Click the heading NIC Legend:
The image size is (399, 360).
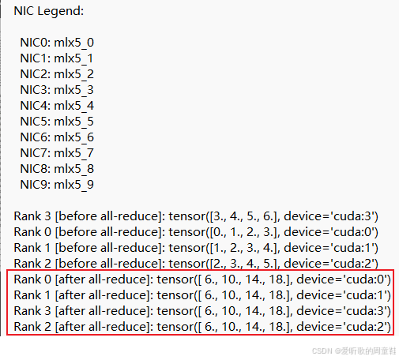point(49,11)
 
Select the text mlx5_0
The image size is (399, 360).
point(74,43)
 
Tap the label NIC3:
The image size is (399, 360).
point(36,90)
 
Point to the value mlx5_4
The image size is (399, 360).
point(74,106)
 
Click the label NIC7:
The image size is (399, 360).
point(36,153)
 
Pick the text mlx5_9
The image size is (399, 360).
point(74,185)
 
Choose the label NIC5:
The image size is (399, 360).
point(36,122)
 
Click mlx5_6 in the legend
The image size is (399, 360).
point(74,137)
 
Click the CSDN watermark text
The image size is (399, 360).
point(354,351)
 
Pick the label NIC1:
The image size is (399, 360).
point(36,58)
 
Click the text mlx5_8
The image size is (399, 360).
point(74,169)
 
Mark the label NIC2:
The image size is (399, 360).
point(36,74)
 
